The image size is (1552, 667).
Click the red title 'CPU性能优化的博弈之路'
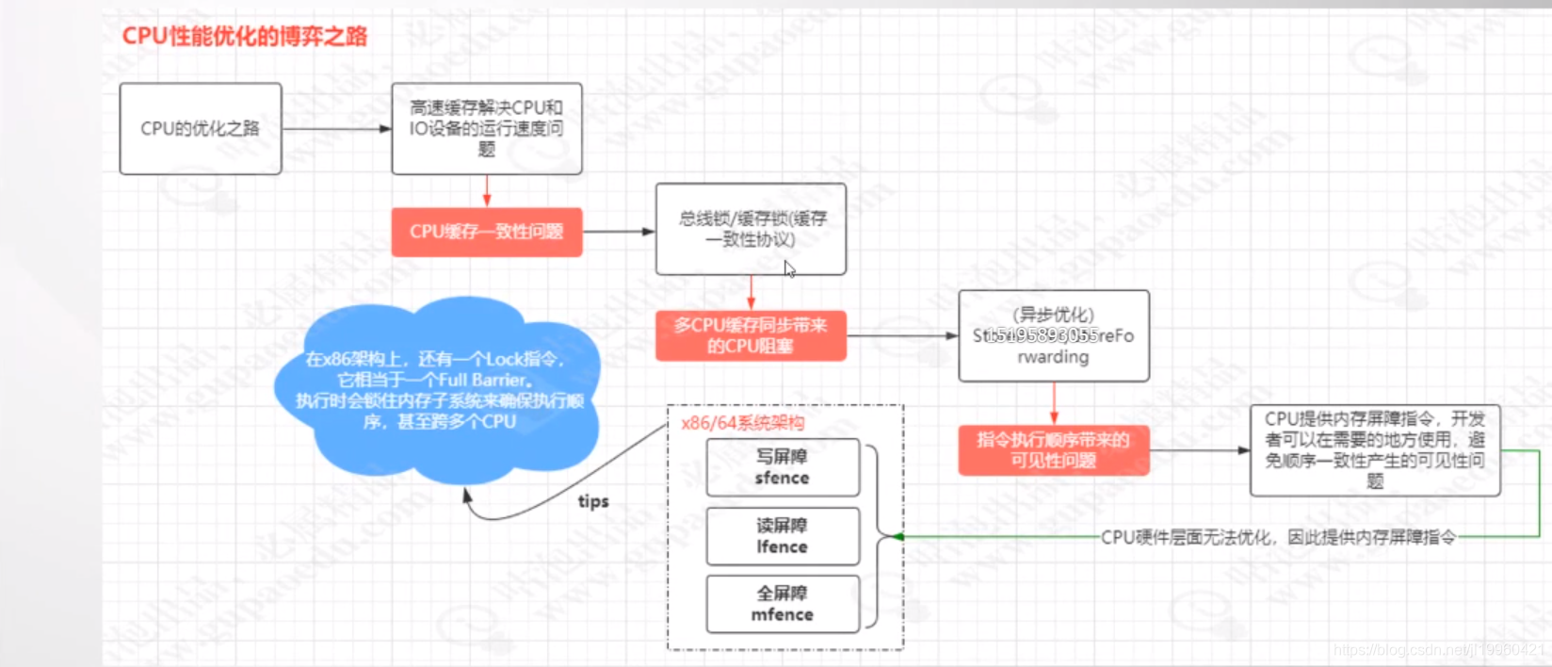click(x=245, y=37)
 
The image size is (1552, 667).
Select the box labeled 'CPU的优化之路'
click(x=201, y=129)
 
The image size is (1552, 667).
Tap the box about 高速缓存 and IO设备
click(x=487, y=129)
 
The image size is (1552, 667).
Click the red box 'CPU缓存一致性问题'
click(x=487, y=232)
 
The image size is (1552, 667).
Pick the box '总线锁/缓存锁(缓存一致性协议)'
click(x=751, y=229)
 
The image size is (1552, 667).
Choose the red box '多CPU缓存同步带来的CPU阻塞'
click(x=751, y=335)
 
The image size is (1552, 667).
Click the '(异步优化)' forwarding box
click(x=1054, y=336)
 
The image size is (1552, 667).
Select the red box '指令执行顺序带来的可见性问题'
click(x=1054, y=450)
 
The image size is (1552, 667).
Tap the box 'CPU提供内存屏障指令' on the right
click(x=1375, y=450)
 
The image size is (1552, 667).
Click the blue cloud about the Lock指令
click(x=438, y=391)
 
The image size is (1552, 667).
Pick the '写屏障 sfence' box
click(x=783, y=467)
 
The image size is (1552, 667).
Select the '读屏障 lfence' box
click(x=783, y=536)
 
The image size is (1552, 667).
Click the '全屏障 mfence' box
click(x=783, y=604)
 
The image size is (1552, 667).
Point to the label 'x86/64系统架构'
click(x=743, y=423)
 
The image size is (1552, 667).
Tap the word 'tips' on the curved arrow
click(x=593, y=501)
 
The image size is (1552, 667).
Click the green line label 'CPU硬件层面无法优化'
click(x=1278, y=537)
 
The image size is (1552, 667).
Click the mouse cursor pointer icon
click(x=789, y=269)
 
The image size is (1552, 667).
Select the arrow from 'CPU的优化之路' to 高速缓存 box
click(x=336, y=129)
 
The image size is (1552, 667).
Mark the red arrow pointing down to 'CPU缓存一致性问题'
click(x=487, y=191)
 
